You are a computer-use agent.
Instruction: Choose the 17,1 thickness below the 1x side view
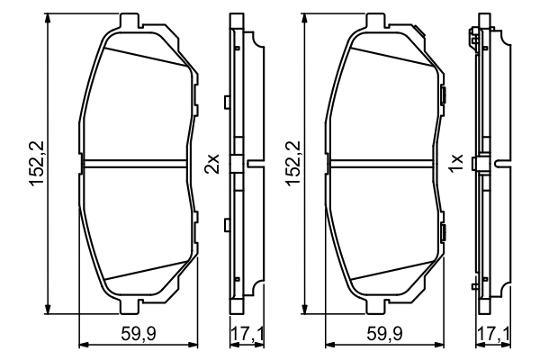click(x=491, y=335)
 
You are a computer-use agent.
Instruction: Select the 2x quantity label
click(x=212, y=163)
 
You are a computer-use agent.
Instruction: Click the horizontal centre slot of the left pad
click(x=139, y=163)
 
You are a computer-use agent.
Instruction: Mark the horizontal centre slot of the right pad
click(x=384, y=163)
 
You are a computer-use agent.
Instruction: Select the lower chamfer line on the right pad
click(x=387, y=270)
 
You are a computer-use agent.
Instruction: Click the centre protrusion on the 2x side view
click(x=253, y=163)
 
